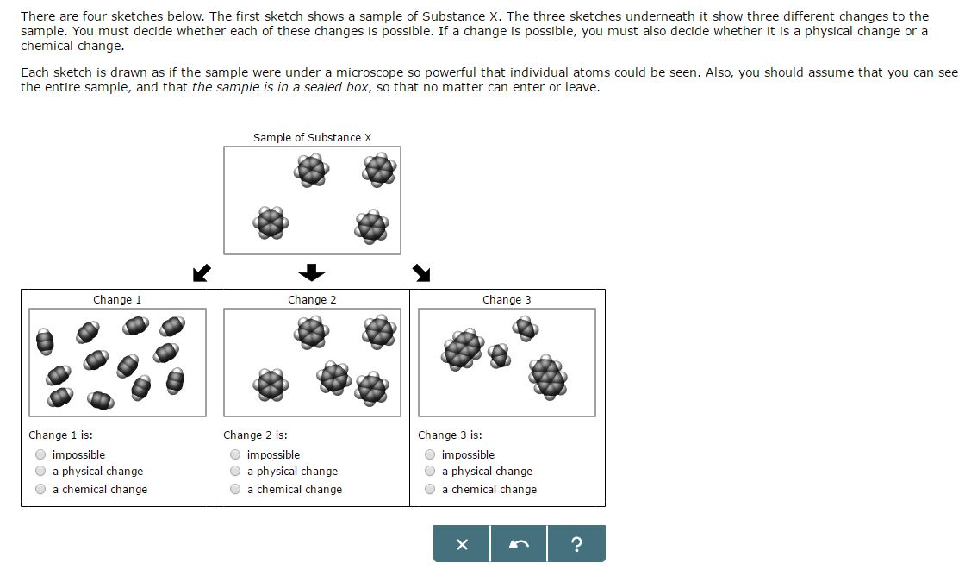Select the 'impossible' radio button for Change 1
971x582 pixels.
[40, 454]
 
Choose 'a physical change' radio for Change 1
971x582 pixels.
[40, 471]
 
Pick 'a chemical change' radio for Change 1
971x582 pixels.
[40, 489]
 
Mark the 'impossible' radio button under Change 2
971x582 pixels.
[235, 454]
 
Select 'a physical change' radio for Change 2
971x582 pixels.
[235, 471]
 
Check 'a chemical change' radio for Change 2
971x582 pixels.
[235, 489]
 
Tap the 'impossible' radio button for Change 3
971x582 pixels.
[430, 454]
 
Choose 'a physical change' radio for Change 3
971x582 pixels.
[430, 471]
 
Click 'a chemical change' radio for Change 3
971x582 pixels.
[430, 489]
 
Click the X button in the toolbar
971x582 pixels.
[461, 544]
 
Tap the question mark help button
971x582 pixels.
[576, 544]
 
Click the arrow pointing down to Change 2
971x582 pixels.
[312, 272]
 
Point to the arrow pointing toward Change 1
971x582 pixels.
[202, 272]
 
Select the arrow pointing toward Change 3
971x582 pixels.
[421, 272]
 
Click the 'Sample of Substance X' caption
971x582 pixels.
[312, 138]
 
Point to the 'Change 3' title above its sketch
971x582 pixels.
[507, 300]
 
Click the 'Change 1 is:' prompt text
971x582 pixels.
[60, 435]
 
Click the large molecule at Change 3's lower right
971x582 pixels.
[548, 377]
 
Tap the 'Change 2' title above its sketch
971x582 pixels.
[312, 300]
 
